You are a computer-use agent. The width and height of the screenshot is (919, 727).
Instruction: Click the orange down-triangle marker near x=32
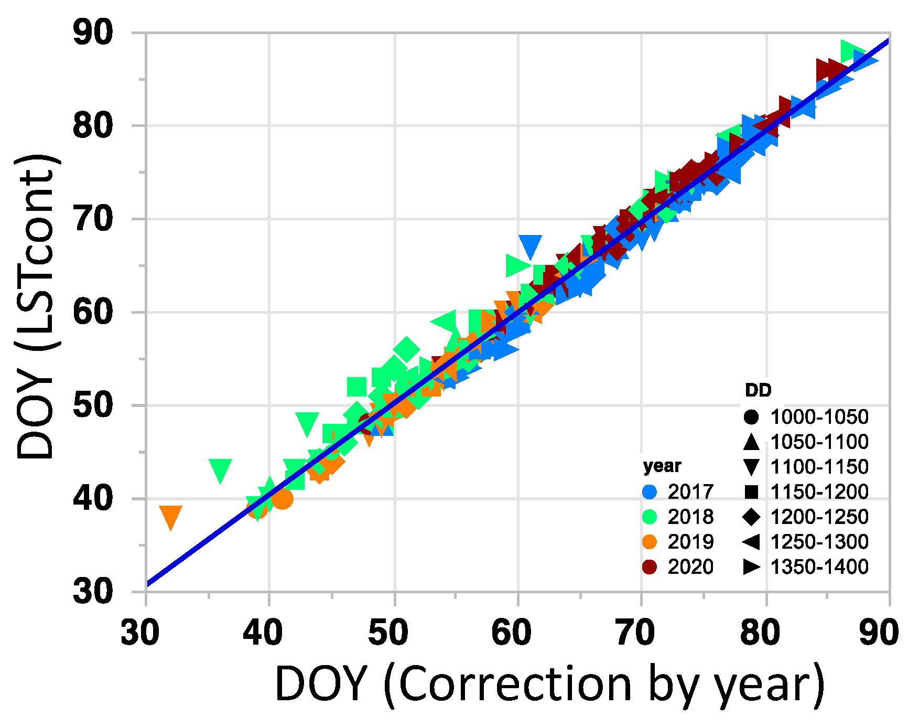[x=170, y=517]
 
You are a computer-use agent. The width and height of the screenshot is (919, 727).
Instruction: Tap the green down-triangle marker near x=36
[x=220, y=471]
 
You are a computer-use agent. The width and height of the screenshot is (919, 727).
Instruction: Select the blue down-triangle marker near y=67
[x=530, y=246]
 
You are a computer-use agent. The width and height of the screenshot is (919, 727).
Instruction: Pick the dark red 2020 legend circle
[x=650, y=567]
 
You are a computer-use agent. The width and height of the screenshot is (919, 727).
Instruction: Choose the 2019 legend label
[x=690, y=542]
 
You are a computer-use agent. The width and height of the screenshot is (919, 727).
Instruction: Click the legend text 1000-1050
[x=819, y=417]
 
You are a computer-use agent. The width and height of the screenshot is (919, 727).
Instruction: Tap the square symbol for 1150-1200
[x=751, y=492]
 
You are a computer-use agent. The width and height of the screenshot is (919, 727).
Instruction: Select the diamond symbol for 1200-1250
[x=751, y=517]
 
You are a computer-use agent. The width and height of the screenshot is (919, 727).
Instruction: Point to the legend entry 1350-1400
[x=819, y=567]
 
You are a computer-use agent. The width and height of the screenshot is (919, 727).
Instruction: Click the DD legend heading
[x=758, y=390]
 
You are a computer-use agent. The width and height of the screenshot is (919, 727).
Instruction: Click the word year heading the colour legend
[x=662, y=466]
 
